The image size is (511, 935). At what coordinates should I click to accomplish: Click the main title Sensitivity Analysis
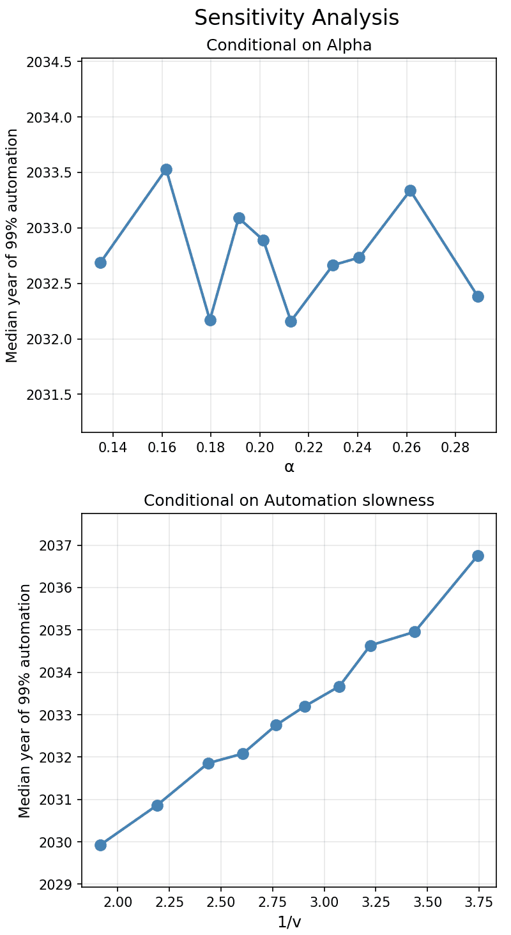click(x=296, y=18)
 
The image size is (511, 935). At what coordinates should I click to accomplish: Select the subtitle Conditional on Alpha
click(x=289, y=45)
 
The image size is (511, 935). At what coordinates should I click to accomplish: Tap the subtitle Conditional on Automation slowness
click(x=289, y=501)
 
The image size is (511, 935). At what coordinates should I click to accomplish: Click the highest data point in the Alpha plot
click(x=166, y=169)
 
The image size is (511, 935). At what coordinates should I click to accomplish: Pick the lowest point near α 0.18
click(x=210, y=320)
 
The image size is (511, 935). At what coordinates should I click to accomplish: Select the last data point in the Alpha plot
click(x=478, y=296)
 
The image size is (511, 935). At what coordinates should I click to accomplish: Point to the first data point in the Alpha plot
click(x=100, y=262)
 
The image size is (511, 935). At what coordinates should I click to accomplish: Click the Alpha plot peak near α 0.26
click(x=410, y=190)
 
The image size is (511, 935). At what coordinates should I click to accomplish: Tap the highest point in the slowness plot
click(x=478, y=556)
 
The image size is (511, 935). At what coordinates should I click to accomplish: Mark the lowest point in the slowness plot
click(x=100, y=845)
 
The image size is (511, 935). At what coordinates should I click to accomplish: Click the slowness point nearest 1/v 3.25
click(x=370, y=646)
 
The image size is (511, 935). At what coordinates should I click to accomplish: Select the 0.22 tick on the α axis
click(x=309, y=446)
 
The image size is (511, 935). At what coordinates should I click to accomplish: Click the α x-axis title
click(x=289, y=467)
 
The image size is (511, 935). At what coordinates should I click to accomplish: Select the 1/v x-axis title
click(x=289, y=922)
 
